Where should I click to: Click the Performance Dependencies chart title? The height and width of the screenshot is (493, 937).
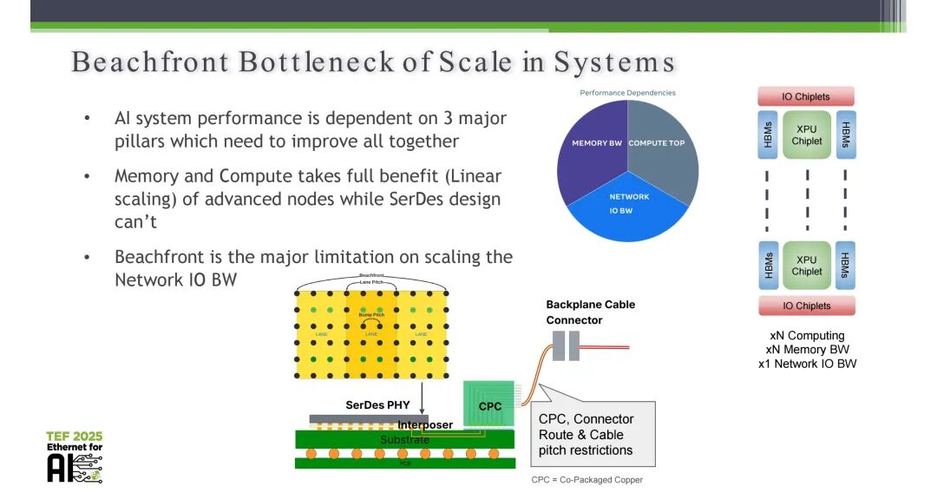click(x=627, y=93)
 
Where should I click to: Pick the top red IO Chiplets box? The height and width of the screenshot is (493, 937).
click(x=806, y=96)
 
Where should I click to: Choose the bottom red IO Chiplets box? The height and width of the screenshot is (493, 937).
click(x=806, y=306)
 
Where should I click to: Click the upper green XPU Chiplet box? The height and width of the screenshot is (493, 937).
click(x=806, y=135)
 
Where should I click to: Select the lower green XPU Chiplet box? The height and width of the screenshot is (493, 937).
click(x=806, y=265)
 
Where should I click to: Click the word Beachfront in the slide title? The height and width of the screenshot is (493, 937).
click(x=149, y=62)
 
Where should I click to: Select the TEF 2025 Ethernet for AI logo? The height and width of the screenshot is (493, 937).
click(x=75, y=456)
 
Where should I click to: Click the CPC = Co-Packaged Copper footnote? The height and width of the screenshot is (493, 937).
click(x=586, y=479)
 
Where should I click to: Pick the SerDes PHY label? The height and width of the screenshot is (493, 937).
click(x=379, y=405)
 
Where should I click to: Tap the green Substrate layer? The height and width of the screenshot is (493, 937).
click(x=404, y=440)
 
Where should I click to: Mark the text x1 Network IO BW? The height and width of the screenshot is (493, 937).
click(x=807, y=364)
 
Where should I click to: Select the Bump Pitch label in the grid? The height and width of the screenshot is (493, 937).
click(x=372, y=314)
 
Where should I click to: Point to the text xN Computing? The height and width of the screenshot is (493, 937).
click(x=807, y=335)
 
